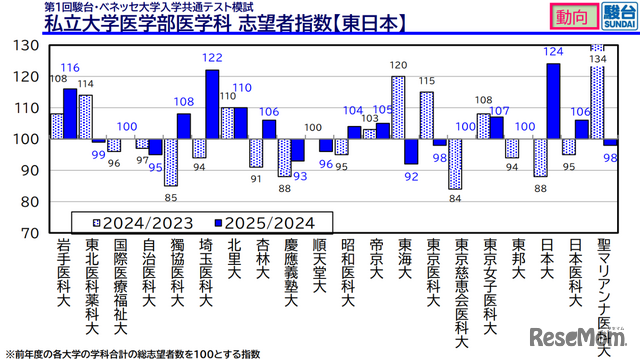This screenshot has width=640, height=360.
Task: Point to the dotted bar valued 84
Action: pyautogui.click(x=455, y=164)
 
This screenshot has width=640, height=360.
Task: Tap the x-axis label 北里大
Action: pyautogui.click(x=235, y=262)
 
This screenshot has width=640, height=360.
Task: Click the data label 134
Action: pyautogui.click(x=600, y=59)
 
